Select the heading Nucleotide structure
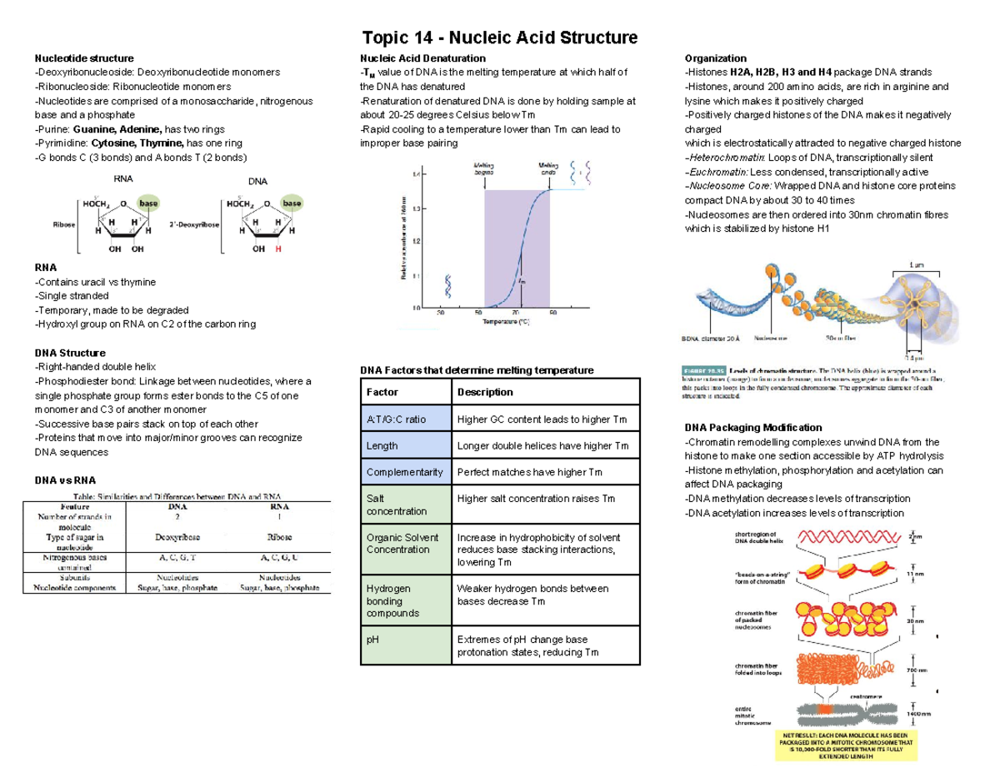82,58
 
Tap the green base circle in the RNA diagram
149,203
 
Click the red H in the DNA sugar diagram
279,249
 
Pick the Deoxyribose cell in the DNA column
177,538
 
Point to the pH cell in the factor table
372,640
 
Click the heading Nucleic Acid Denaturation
422,58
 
